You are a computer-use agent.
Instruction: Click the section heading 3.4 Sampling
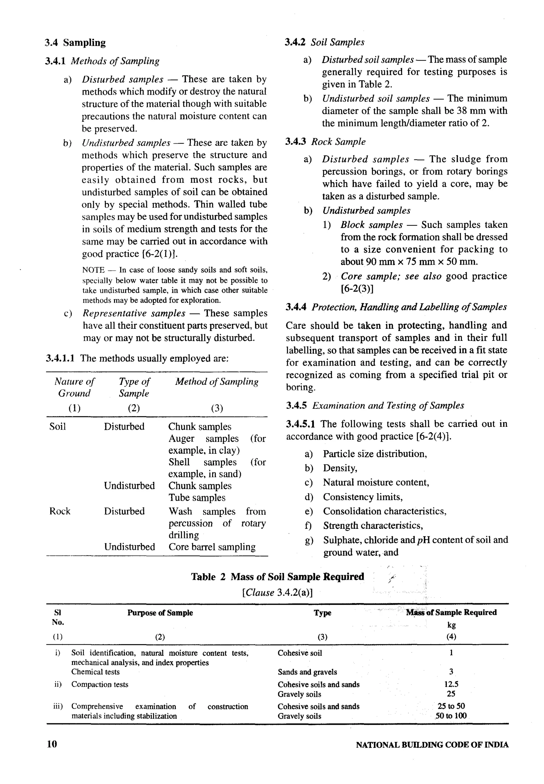[75, 42]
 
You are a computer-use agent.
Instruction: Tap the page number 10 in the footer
[52, 744]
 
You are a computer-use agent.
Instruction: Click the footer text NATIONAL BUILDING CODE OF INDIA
[432, 745]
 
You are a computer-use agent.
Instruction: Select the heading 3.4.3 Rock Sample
[325, 142]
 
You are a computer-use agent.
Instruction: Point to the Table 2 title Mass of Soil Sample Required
[278, 577]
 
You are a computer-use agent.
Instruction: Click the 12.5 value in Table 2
[451, 684]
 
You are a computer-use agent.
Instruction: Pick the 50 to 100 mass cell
[451, 716]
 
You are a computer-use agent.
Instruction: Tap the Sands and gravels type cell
[307, 672]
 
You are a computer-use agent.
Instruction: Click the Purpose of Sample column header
[160, 612]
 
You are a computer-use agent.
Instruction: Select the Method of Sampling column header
[217, 382]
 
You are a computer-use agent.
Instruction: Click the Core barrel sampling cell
[212, 547]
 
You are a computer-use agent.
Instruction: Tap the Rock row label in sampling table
[60, 511]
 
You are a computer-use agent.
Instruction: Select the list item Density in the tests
[340, 468]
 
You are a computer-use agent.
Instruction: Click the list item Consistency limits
[362, 497]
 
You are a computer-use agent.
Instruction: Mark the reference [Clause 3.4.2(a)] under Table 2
[277, 593]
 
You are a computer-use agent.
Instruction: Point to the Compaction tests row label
[100, 684]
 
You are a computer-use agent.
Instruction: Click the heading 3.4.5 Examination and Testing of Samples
[375, 405]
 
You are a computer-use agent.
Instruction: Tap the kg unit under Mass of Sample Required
[451, 625]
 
